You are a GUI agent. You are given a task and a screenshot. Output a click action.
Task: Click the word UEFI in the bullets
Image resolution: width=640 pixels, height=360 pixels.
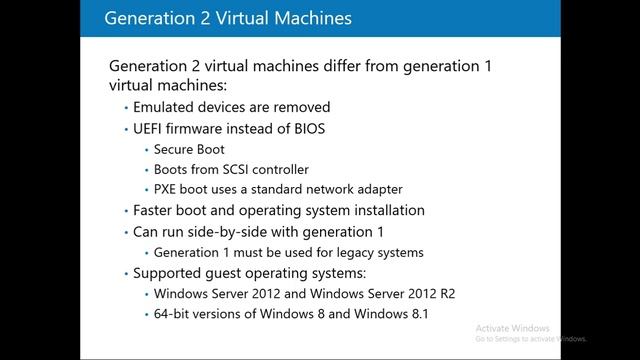[150, 128]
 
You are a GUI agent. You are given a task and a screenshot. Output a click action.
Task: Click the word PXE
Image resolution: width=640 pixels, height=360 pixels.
[166, 189]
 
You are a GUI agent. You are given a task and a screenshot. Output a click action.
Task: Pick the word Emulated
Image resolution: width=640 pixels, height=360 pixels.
[164, 107]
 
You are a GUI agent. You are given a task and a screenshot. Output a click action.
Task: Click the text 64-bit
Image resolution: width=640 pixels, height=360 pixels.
[171, 315]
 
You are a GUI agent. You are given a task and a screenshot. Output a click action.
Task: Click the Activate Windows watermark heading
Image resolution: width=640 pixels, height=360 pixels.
[514, 328]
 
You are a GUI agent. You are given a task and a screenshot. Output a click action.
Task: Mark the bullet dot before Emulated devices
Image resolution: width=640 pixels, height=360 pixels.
[126, 107]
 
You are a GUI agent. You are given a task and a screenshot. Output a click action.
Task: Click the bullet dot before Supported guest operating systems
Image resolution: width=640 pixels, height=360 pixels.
[126, 273]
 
